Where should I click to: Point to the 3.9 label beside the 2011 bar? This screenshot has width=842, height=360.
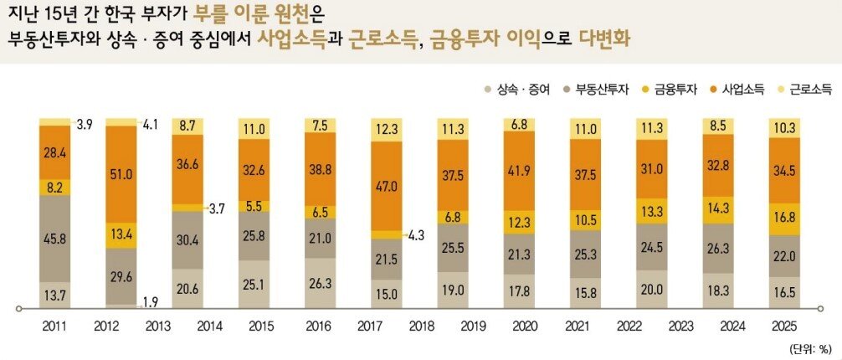85,125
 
